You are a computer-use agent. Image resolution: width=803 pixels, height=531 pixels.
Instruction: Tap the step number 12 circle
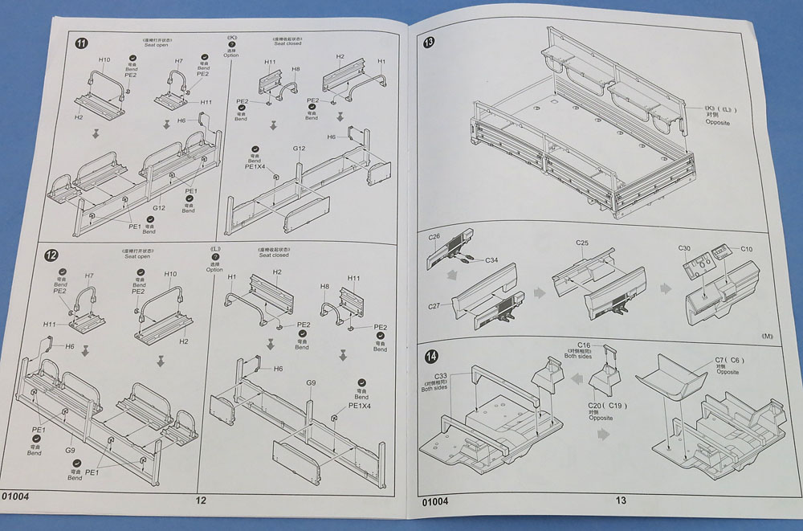pyautogui.click(x=51, y=255)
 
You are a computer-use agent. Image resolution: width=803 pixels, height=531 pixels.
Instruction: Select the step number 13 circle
pyautogui.click(x=429, y=44)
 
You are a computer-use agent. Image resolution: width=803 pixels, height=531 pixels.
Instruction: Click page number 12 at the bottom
pyautogui.click(x=201, y=500)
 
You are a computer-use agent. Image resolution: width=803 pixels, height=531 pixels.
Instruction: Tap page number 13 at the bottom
pyautogui.click(x=621, y=500)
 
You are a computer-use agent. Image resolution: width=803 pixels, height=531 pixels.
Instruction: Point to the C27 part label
pyautogui.click(x=434, y=306)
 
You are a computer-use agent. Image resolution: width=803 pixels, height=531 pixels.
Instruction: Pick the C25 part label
pyautogui.click(x=583, y=243)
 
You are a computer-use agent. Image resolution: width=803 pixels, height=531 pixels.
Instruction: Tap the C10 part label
pyautogui.click(x=746, y=249)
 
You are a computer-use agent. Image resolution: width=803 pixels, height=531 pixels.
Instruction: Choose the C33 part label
pyautogui.click(x=441, y=376)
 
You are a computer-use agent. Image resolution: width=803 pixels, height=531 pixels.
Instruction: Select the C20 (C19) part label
pyautogui.click(x=595, y=408)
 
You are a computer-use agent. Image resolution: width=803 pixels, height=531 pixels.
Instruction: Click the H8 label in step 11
pyautogui.click(x=296, y=70)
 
